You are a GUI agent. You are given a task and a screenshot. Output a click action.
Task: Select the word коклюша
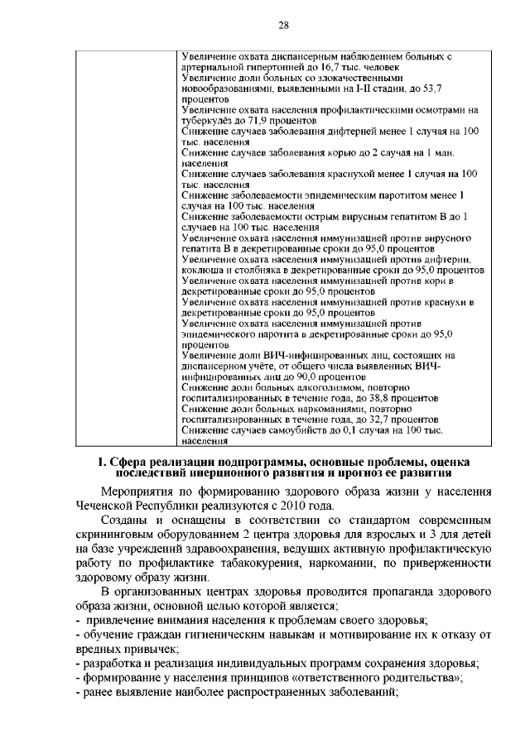[202, 270]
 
